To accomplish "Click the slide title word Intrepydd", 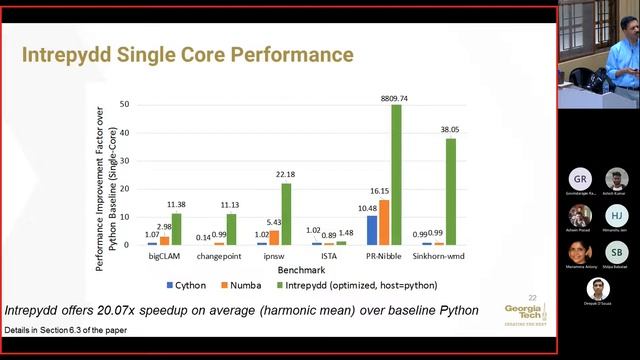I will click(x=65, y=53).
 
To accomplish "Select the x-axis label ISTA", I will click(x=329, y=256).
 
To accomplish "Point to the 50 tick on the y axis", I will click(x=125, y=104).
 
